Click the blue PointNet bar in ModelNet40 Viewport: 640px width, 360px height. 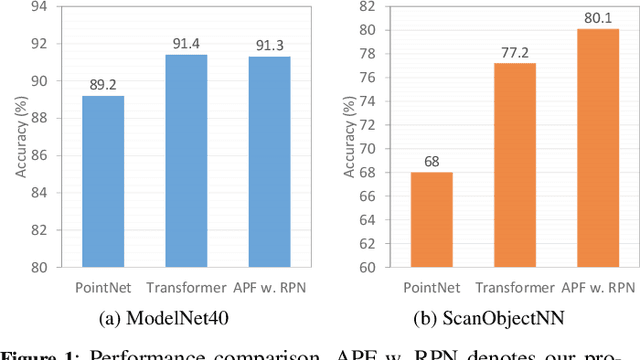[103, 182]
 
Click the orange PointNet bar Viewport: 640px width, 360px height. [432, 220]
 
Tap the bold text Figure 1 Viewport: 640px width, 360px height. [37, 354]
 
